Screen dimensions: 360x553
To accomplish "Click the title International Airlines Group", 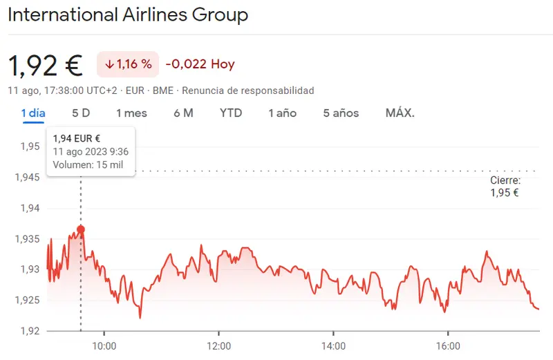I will point(128,15).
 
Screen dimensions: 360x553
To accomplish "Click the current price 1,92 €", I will point(45,65).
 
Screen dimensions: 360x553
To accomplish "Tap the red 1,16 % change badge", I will point(128,64).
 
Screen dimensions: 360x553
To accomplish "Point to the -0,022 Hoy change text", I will point(200,64).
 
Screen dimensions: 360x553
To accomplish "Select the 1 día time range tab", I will point(33,113).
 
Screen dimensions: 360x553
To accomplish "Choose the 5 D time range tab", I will point(81,113).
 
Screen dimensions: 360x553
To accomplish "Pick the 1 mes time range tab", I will point(131,113).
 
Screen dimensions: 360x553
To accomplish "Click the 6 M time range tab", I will point(183,113).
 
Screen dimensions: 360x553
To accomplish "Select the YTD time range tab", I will point(231,113).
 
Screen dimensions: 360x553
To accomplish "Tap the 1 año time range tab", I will point(282,113).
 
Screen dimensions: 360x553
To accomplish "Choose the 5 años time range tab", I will point(341,113).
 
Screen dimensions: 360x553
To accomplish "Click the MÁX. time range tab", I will point(400,113).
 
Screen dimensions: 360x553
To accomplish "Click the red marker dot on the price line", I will point(81,229).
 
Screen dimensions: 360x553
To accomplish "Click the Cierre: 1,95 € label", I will point(505,187).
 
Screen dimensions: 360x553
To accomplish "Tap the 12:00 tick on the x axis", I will point(218,345).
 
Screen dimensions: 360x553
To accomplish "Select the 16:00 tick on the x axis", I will point(448,345).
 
